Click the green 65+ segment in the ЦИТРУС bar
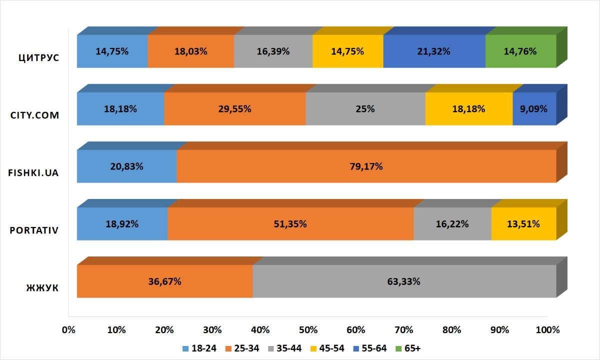(520, 51)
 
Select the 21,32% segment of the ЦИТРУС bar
(434, 51)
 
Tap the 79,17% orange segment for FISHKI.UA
(366, 166)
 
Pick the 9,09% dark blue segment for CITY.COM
(534, 108)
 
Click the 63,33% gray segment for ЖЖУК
(404, 281)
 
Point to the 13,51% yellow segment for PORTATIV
(523, 223)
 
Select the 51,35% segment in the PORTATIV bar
(290, 223)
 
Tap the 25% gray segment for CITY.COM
(365, 108)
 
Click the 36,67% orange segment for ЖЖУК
(164, 281)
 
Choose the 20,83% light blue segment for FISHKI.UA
(126, 166)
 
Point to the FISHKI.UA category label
(34, 173)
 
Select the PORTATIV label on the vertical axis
(34, 230)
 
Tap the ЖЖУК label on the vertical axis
(42, 288)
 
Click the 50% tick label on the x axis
(308, 330)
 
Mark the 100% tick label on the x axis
(547, 330)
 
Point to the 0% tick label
(68, 330)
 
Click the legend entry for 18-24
(200, 348)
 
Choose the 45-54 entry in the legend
(327, 348)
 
